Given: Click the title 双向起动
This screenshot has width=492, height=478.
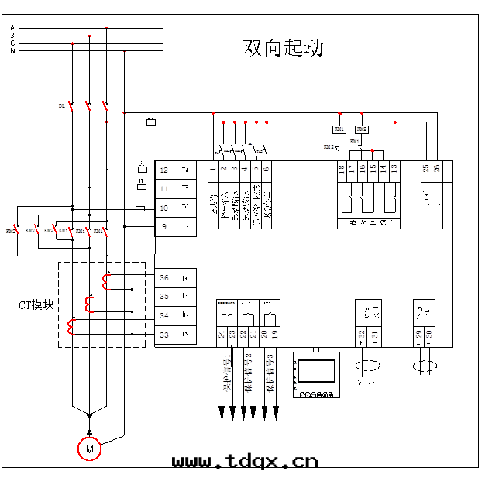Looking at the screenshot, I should tap(283, 48).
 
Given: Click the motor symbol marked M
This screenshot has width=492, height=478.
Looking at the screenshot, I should tap(89, 449).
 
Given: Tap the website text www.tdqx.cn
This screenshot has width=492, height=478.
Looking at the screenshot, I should tap(245, 462).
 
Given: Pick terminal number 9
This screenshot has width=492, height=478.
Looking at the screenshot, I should tap(163, 227).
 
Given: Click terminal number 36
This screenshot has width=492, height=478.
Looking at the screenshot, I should tap(163, 277).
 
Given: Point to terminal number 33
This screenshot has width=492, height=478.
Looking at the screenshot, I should tap(163, 335).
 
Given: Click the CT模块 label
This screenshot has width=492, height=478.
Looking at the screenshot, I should tap(36, 304).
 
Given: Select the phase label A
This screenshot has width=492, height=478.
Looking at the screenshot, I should tap(12, 28).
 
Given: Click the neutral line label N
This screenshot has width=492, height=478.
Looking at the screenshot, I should tap(12, 50).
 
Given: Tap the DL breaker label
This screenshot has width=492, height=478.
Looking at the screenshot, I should tap(61, 105).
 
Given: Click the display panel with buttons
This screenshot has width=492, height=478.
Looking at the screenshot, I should tap(316, 375).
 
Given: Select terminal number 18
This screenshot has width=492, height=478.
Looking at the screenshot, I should tap(342, 168).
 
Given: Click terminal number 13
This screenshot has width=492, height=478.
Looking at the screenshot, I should tap(394, 168).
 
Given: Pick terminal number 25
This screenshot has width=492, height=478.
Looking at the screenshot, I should tap(426, 168).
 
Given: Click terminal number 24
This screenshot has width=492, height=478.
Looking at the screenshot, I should tap(222, 334).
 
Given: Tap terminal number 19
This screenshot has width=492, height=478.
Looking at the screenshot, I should tap(274, 334).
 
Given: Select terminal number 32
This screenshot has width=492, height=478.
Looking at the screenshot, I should tap(362, 334).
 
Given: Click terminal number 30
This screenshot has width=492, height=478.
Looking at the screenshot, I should tap(429, 334).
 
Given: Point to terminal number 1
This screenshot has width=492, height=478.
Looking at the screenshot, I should tap(212, 168).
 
